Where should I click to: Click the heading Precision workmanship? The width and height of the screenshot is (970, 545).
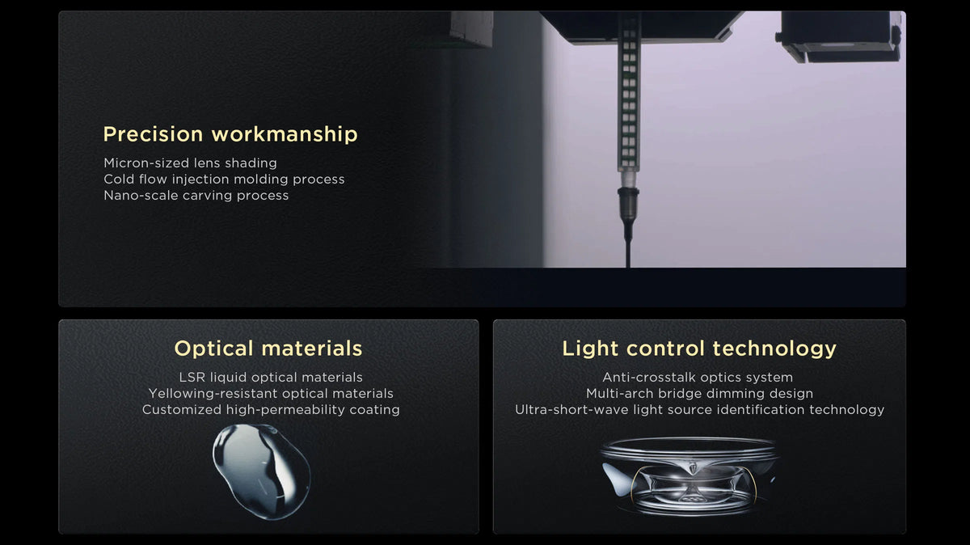click(230, 134)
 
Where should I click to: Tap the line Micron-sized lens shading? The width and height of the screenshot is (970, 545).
click(190, 163)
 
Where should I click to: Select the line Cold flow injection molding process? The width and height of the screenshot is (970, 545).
click(224, 179)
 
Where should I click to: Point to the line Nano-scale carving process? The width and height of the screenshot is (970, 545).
click(196, 196)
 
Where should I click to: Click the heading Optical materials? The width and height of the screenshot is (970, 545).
click(268, 349)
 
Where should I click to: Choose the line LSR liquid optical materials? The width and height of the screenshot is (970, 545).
click(271, 378)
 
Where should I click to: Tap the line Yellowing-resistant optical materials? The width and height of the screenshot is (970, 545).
click(271, 393)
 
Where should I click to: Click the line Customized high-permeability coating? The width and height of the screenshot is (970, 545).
click(271, 410)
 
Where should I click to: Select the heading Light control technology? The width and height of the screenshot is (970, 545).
click(699, 349)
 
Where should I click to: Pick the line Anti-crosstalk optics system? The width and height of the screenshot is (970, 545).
click(697, 378)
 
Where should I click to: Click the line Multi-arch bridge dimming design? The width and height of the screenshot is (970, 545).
click(699, 393)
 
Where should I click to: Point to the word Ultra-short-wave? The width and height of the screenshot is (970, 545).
click(571, 409)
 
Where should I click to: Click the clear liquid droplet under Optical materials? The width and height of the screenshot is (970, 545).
click(262, 471)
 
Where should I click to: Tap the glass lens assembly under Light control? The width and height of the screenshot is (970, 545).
click(689, 476)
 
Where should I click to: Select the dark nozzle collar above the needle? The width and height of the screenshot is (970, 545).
click(628, 203)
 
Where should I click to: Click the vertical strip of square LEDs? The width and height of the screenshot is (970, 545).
click(629, 95)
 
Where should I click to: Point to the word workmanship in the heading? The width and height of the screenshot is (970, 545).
click(285, 134)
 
